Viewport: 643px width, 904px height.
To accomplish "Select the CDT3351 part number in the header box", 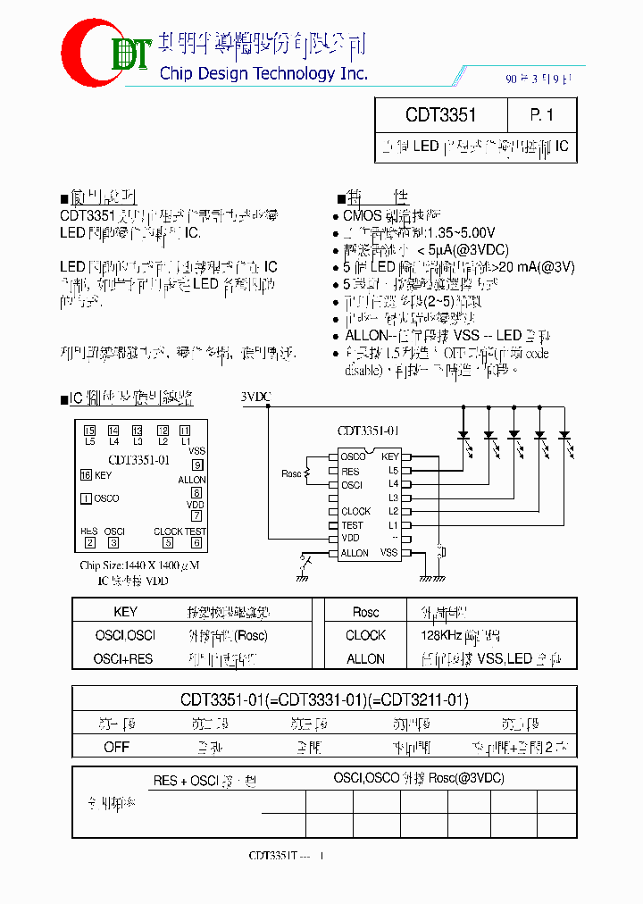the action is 440,115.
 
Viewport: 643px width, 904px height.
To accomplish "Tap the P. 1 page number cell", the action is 541,115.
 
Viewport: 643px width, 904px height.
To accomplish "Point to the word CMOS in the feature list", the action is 362,215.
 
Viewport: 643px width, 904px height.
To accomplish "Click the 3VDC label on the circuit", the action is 255,396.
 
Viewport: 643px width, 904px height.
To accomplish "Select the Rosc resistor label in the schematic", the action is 291,473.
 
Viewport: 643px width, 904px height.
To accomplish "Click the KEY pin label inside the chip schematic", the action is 389,457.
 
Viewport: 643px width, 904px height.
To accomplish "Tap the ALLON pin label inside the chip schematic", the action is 355,553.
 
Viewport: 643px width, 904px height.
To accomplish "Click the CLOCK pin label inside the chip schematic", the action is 356,512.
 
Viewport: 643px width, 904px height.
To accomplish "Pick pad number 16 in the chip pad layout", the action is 86,475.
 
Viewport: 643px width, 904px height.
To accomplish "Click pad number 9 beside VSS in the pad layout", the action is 197,465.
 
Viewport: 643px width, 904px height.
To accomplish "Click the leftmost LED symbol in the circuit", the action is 464,437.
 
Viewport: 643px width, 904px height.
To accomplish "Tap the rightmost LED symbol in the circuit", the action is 564,437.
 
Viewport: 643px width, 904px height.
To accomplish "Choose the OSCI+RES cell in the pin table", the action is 123,658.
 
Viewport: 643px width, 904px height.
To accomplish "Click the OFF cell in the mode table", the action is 116,747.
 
